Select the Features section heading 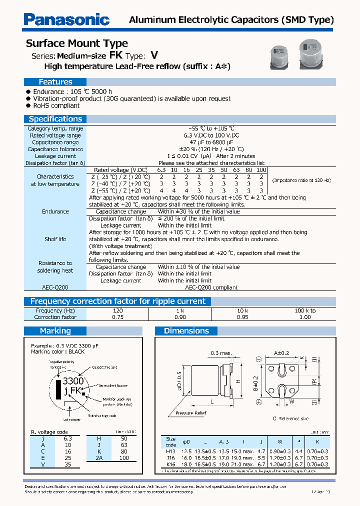point(55,82)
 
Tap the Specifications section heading point(55,119)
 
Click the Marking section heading point(55,331)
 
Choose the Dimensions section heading point(186,331)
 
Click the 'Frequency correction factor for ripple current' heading point(117,301)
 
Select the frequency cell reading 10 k point(242,310)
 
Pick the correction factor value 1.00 point(304,317)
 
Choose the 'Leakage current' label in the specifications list point(55,156)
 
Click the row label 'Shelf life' point(55,239)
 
